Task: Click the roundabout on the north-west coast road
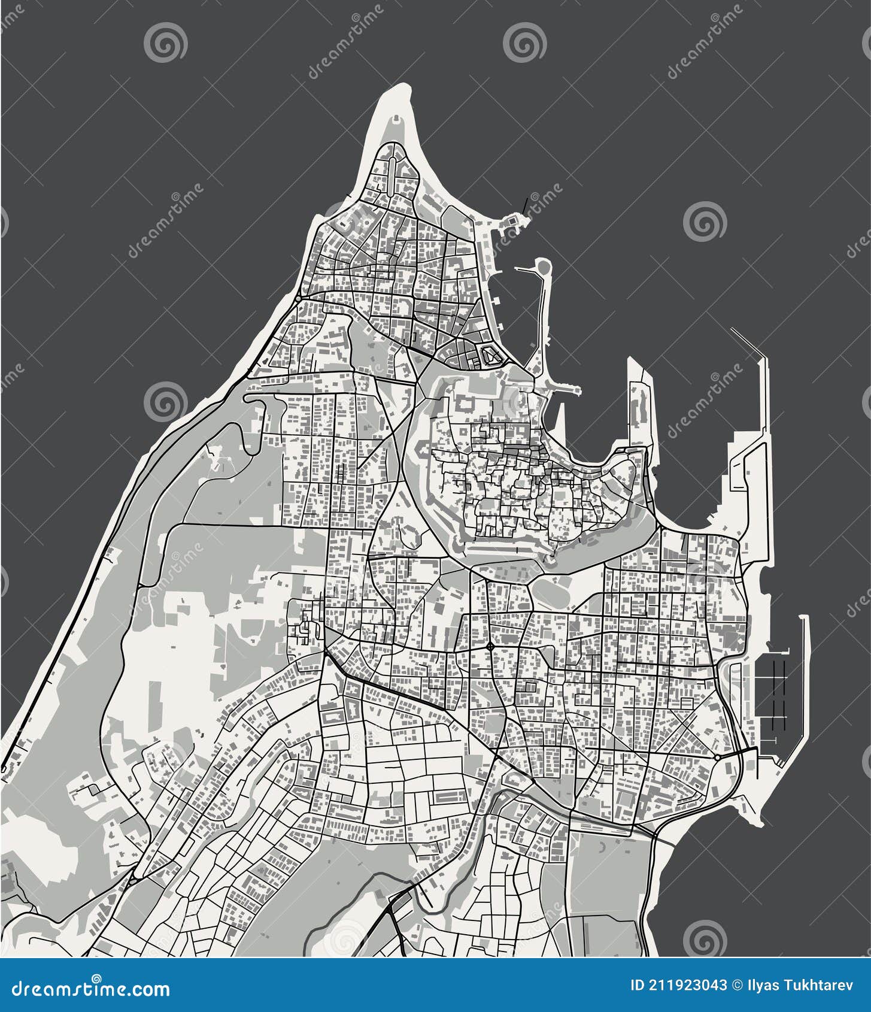pyautogui.click(x=298, y=298)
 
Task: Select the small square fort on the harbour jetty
pyautogui.click(x=513, y=223)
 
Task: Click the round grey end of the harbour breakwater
pyautogui.click(x=543, y=265)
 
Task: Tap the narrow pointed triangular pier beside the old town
pyautogui.click(x=561, y=419)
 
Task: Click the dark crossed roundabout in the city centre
pyautogui.click(x=490, y=646)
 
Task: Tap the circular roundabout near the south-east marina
pyautogui.click(x=717, y=758)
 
